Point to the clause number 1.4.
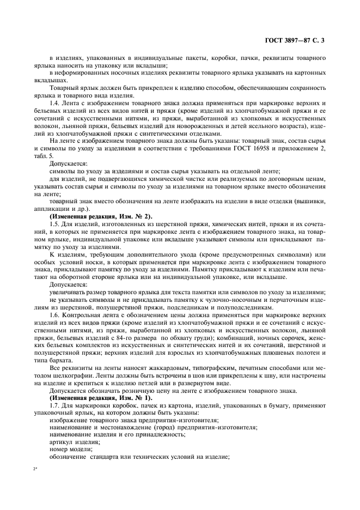pos(55,104)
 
